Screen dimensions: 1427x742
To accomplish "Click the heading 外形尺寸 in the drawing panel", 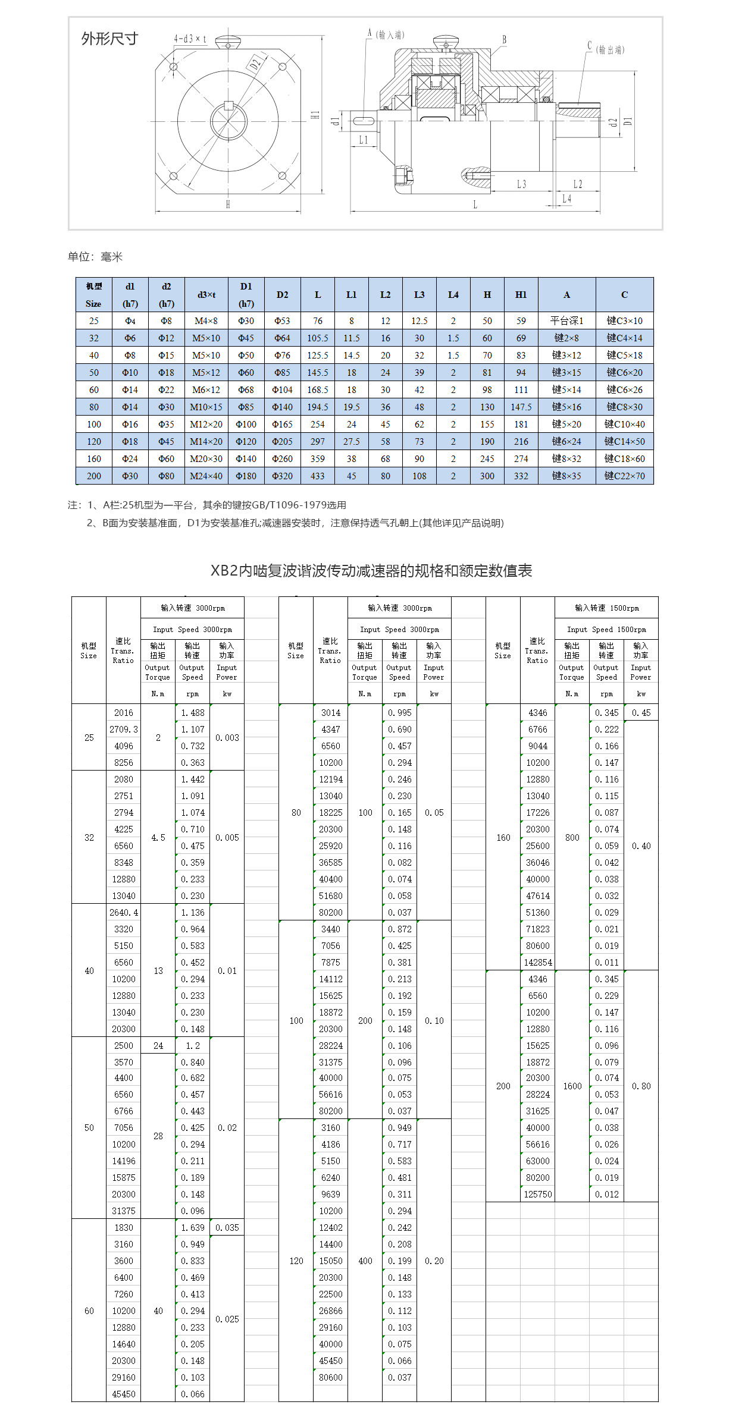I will [109, 39].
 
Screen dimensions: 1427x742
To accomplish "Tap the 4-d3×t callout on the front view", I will [190, 39].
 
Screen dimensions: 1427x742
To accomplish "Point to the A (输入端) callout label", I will [386, 34].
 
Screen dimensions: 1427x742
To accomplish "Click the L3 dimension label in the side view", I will [521, 184].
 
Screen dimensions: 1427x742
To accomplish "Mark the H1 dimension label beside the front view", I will [315, 115].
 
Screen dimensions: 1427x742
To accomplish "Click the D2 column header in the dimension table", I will [282, 295].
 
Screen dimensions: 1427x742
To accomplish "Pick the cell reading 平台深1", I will [566, 321].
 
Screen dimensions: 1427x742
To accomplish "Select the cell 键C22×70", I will [624, 476].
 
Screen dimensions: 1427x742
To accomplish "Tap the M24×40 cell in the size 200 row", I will [206, 476].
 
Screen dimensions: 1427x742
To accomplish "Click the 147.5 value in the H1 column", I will [521, 407].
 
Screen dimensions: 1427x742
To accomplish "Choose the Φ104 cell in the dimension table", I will [282, 390].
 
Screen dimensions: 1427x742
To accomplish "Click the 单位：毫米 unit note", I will [95, 257].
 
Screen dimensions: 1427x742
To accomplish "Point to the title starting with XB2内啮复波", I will [371, 571].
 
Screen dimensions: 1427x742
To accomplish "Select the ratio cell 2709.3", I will [124, 730].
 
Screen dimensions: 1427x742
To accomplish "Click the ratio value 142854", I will [538, 963].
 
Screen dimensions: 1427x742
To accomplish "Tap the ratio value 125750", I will [538, 1195].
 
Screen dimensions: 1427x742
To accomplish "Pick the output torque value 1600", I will [572, 1086].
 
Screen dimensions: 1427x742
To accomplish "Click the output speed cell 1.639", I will [193, 1228].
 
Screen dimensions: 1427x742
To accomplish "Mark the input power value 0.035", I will [227, 1228].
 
